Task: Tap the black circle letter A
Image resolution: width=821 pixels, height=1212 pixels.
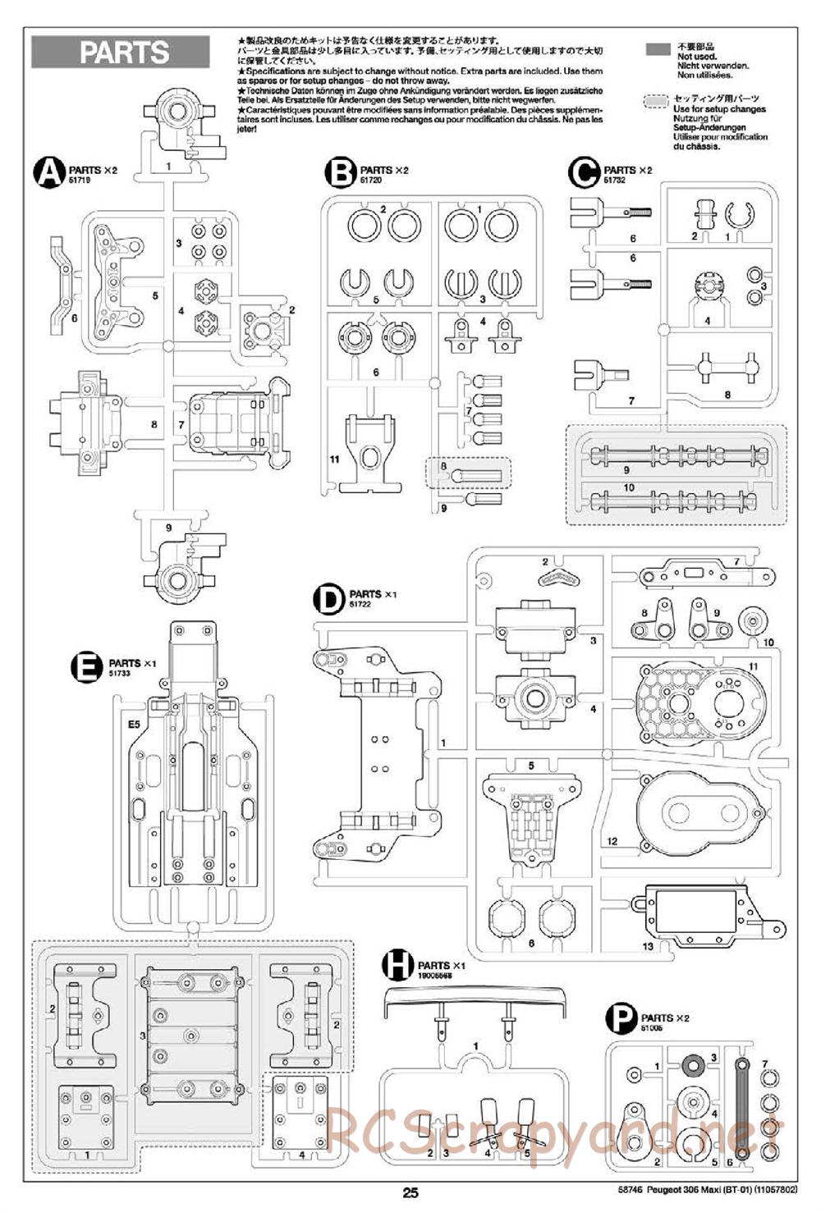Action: [48, 172]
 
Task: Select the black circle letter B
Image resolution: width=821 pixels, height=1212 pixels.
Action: [340, 172]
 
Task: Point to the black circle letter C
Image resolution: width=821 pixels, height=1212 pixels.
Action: [584, 172]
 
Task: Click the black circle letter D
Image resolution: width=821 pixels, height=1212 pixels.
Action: [328, 598]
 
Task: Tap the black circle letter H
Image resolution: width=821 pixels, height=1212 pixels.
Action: [397, 966]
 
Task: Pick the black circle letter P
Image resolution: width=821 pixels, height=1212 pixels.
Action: [621, 1020]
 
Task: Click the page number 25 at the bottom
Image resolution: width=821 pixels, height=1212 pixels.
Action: [410, 1193]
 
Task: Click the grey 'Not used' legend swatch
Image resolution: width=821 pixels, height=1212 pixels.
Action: [658, 49]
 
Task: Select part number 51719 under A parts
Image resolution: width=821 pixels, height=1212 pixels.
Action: [80, 180]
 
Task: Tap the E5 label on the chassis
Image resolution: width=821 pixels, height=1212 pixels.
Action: [134, 725]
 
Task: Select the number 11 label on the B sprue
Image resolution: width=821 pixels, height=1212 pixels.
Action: [334, 460]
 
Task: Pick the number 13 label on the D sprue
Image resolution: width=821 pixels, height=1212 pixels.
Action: [648, 946]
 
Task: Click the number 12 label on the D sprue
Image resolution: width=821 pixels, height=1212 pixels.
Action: [612, 842]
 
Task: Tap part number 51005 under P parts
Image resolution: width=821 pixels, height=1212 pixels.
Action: [652, 1027]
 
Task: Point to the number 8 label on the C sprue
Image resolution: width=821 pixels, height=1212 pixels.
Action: [727, 394]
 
